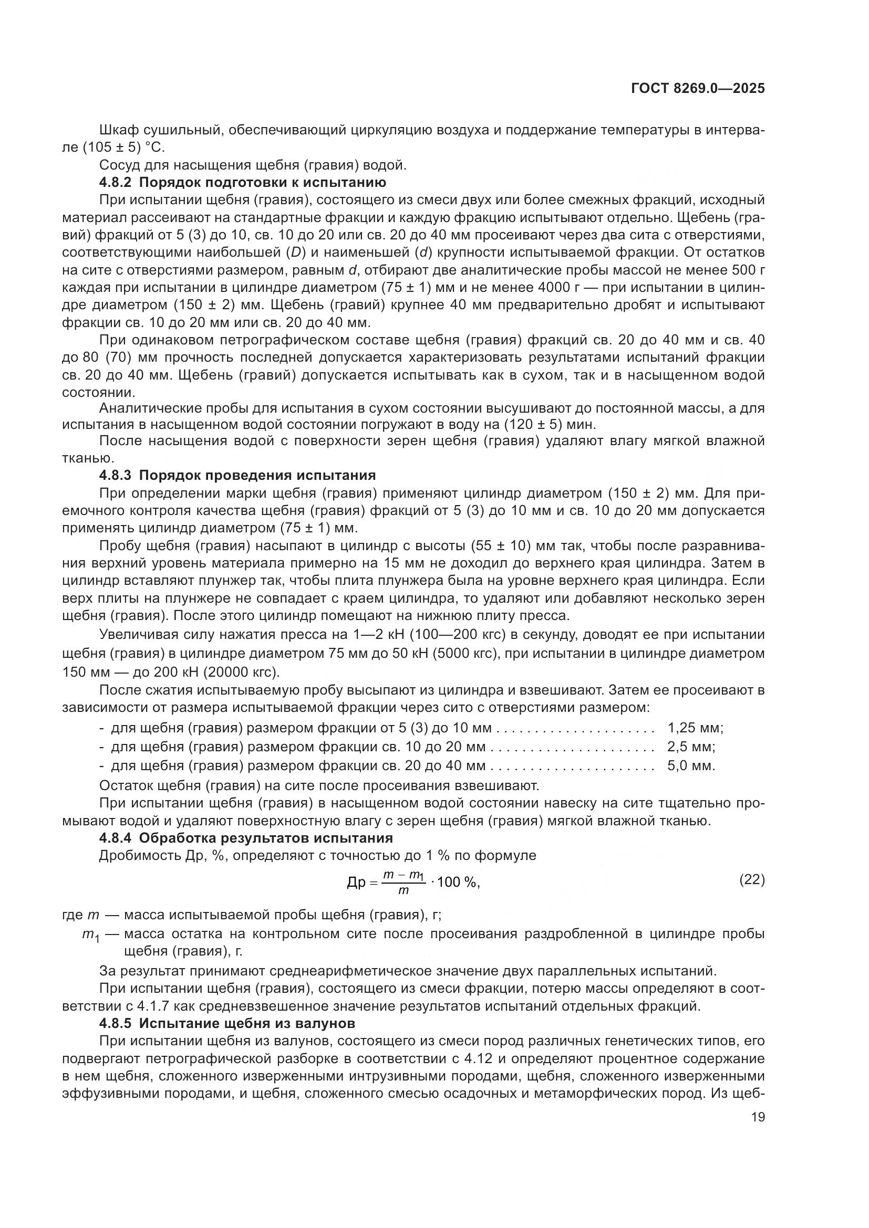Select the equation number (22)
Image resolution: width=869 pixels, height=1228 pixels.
tap(751, 879)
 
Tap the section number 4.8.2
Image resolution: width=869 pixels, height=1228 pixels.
tap(115, 182)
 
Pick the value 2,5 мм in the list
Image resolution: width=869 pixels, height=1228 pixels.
tap(691, 746)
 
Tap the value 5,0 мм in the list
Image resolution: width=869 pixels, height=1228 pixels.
tap(691, 765)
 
